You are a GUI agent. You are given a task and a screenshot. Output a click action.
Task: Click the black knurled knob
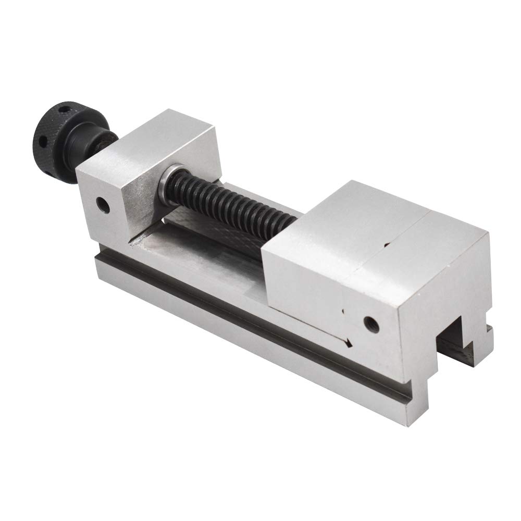click(55, 128)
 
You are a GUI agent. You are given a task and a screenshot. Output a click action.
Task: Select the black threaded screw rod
click(229, 208)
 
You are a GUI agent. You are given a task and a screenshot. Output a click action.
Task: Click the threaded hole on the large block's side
click(371, 322)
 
